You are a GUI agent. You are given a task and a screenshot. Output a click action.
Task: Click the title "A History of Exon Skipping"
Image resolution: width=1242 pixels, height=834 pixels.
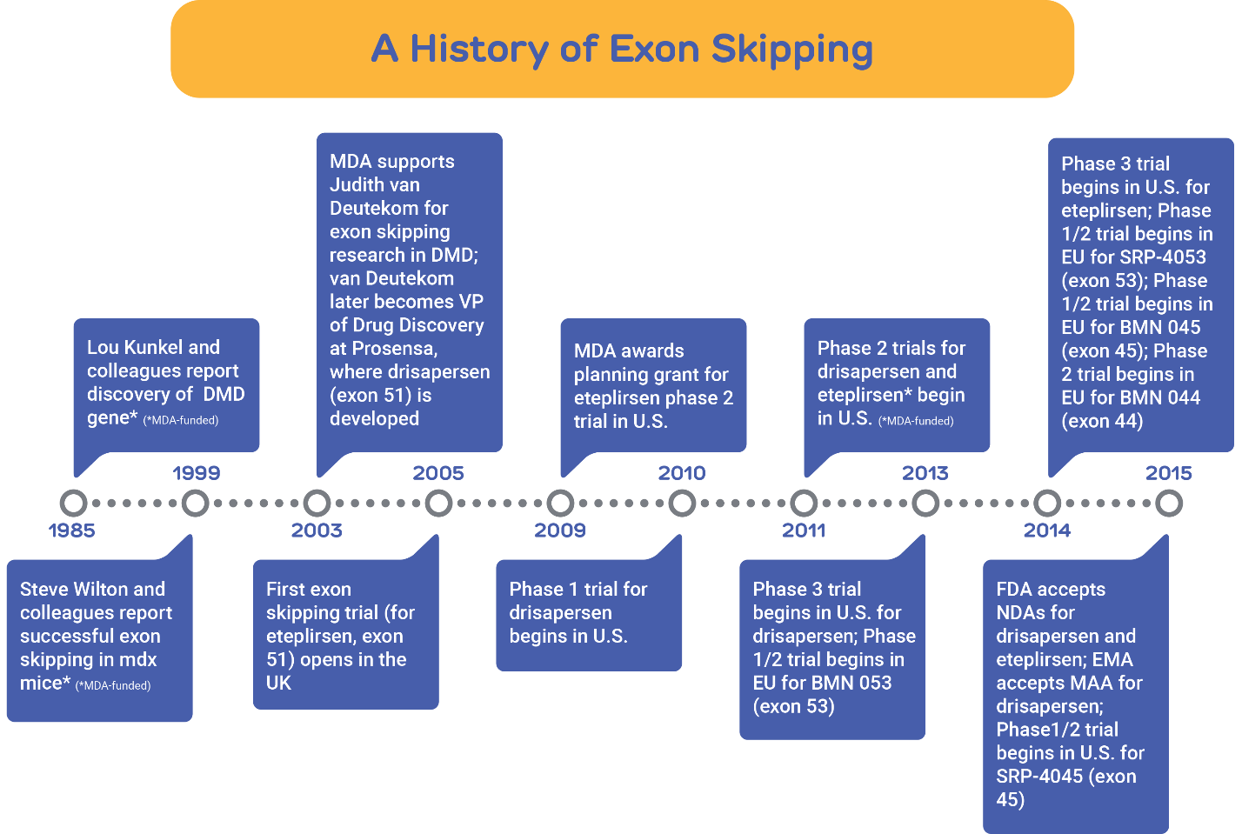(x=622, y=50)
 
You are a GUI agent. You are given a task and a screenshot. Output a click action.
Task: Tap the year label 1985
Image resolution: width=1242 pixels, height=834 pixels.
(x=71, y=530)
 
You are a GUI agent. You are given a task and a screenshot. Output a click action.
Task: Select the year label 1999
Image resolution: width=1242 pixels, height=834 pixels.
(x=197, y=473)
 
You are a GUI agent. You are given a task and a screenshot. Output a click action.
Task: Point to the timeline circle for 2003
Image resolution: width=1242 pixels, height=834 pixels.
(x=317, y=504)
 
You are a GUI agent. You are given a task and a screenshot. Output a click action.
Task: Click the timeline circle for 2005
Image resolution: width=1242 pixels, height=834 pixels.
(x=438, y=504)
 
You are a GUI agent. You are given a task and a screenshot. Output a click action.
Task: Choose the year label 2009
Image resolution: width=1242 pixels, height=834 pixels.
(x=560, y=530)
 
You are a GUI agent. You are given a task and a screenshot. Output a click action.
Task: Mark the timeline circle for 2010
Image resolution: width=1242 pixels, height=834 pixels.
(x=682, y=504)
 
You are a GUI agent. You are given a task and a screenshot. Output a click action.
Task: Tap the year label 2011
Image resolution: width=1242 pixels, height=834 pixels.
(x=804, y=530)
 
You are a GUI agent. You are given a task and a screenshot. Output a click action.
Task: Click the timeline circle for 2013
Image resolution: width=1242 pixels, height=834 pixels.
(x=925, y=504)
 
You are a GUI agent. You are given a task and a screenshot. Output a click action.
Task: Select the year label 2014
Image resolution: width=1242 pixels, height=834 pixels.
(x=1047, y=530)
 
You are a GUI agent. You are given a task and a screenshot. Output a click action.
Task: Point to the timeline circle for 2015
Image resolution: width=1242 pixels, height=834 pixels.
(x=1169, y=504)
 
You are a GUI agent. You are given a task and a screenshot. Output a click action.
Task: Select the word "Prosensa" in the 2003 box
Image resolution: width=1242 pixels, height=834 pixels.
(x=395, y=349)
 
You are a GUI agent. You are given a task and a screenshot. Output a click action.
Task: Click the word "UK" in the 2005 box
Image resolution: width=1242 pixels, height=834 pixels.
(x=278, y=683)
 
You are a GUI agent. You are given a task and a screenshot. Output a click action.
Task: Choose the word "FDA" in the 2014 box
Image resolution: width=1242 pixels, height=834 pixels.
(x=1014, y=589)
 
